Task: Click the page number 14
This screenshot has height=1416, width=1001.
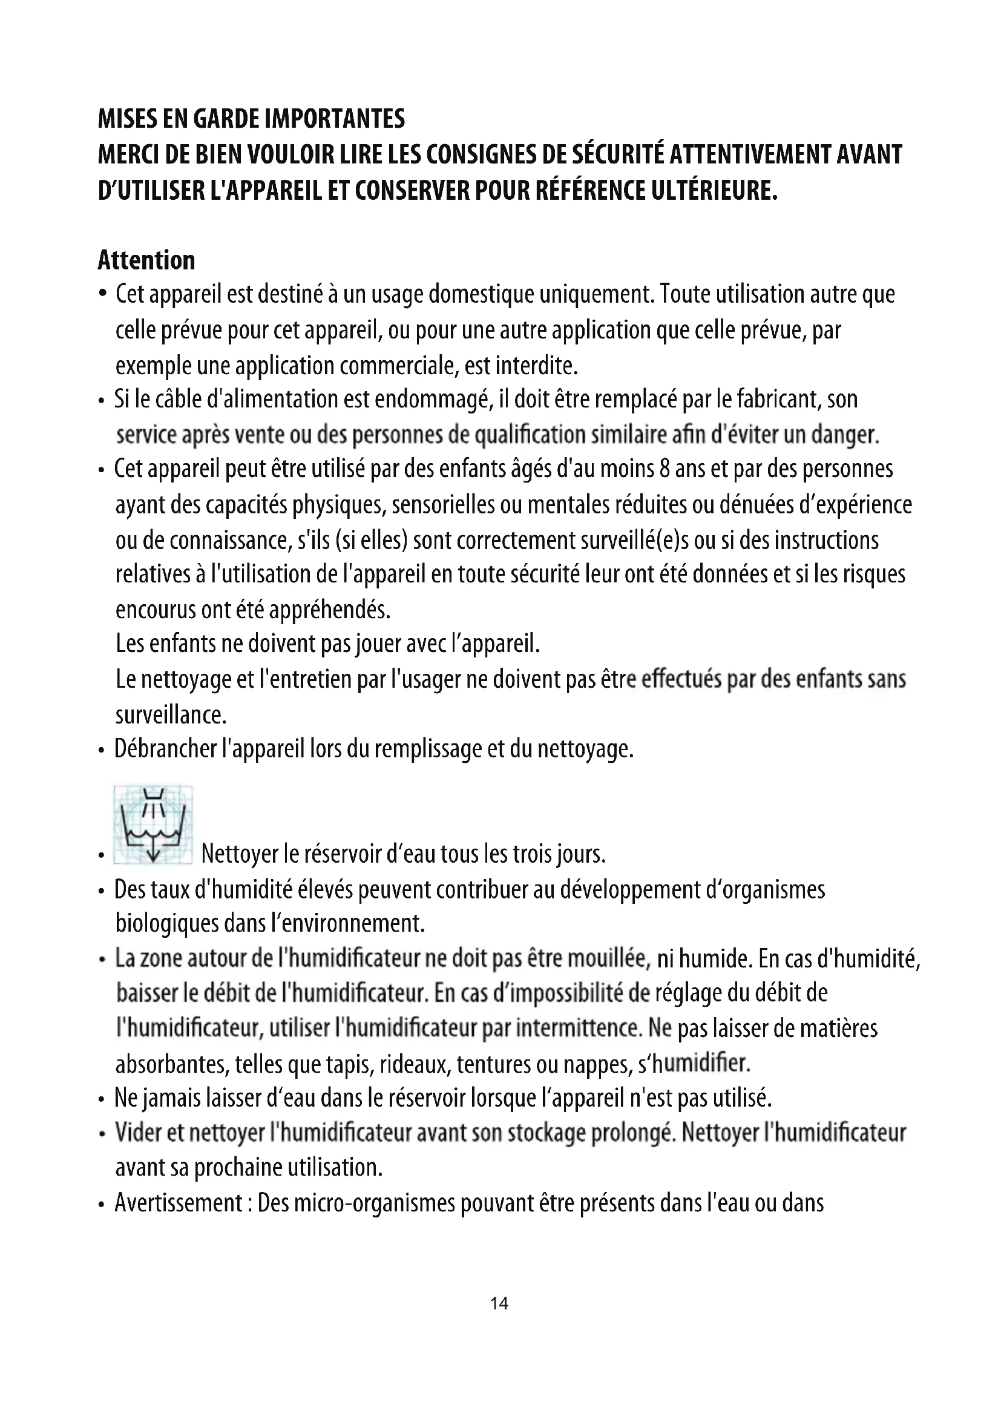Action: (x=499, y=1303)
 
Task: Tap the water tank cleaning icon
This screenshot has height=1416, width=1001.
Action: (x=153, y=825)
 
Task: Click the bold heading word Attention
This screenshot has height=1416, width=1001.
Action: (x=146, y=260)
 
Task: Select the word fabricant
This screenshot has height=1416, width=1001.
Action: (x=778, y=400)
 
